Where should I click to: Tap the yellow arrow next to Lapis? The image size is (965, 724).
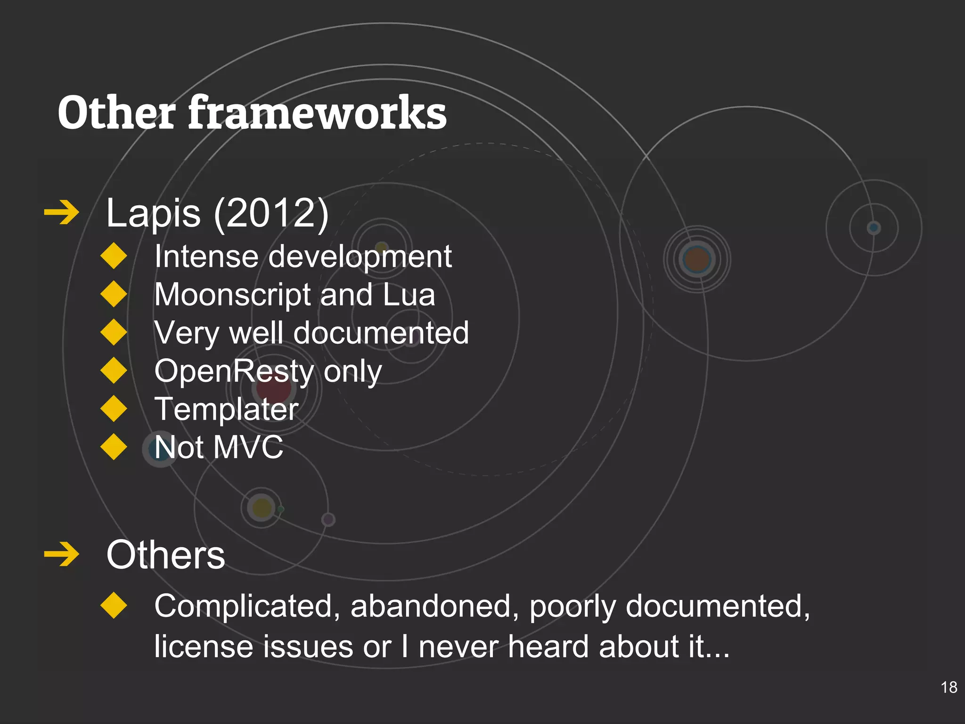click(61, 213)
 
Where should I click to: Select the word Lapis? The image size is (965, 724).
click(153, 213)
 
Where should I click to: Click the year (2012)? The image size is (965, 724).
click(271, 213)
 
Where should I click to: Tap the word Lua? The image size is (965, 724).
click(409, 295)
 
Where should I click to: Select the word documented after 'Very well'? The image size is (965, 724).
click(381, 333)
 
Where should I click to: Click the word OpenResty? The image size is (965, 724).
click(234, 371)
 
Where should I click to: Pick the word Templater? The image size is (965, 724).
click(226, 409)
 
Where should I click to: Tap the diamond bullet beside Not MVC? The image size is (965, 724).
click(114, 446)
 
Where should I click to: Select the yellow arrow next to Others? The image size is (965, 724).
click(61, 554)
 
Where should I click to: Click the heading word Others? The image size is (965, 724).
click(165, 555)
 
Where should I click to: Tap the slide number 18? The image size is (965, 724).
click(949, 687)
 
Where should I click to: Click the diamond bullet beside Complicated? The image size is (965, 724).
click(114, 605)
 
